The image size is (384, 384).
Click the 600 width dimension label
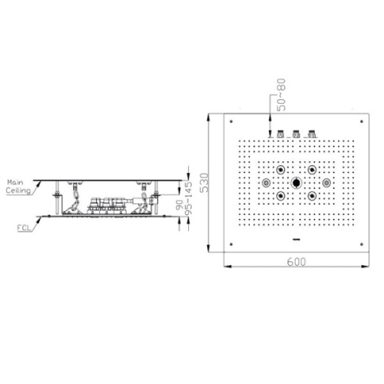click(x=296, y=262)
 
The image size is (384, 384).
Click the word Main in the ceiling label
click(x=15, y=182)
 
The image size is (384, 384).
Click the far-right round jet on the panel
click(x=326, y=183)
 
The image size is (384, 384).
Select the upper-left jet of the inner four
click(x=281, y=170)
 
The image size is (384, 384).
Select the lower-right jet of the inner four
click(x=312, y=196)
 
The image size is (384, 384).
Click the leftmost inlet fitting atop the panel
click(x=280, y=134)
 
